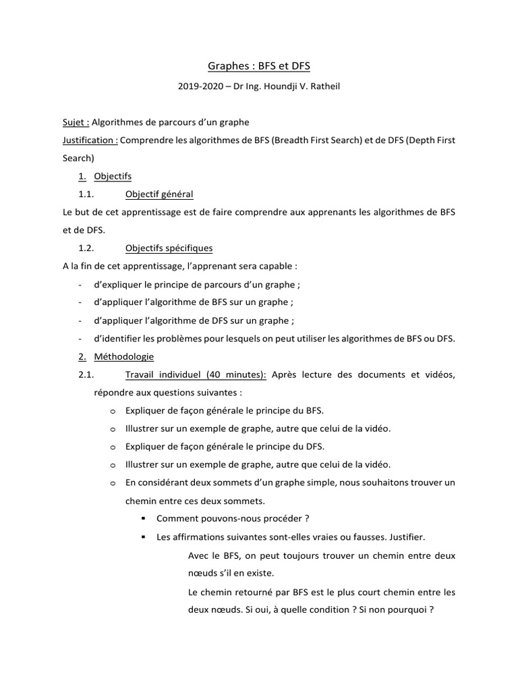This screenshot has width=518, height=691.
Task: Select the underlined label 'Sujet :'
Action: pos(75,122)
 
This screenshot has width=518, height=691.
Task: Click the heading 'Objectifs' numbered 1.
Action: pos(113,176)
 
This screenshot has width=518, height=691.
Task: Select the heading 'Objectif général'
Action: pos(159,194)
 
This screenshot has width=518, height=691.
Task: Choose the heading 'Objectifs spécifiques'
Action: pos(169,248)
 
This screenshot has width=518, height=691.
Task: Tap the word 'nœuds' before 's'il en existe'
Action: pos(203,574)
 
